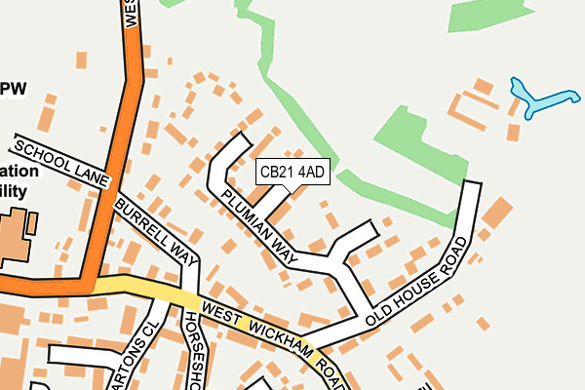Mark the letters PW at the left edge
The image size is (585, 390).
click(x=14, y=89)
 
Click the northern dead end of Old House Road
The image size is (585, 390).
click(x=473, y=185)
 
